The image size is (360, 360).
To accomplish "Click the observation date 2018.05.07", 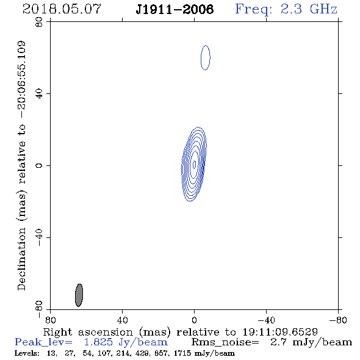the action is click(62, 9).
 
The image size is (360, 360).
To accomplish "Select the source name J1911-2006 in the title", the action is click(175, 10).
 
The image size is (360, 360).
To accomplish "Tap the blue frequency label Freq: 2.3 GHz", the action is click(286, 10).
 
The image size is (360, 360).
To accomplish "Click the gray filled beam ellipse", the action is click(79, 295).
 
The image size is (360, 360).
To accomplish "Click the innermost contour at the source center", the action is click(195, 164).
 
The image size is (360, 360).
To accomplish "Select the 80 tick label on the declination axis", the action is click(39, 22).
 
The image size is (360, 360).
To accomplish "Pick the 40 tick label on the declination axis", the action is click(39, 94).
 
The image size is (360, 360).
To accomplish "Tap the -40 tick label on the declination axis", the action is click(39, 237).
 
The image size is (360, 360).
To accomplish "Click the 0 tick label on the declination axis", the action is click(39, 165).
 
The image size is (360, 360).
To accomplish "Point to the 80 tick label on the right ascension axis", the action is click(50, 320).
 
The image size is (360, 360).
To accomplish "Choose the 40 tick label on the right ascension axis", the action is click(122, 320).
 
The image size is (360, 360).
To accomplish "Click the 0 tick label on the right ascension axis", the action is click(194, 320).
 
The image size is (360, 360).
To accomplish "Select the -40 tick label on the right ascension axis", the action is click(266, 320).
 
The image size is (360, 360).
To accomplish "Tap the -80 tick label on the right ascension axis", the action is click(338, 320).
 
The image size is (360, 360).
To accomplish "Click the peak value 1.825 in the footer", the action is click(98, 342).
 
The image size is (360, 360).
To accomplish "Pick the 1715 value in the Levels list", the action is click(182, 353).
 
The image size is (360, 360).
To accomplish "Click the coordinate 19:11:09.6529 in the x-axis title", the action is click(280, 332).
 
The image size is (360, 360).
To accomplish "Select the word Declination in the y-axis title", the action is click(21, 259).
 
